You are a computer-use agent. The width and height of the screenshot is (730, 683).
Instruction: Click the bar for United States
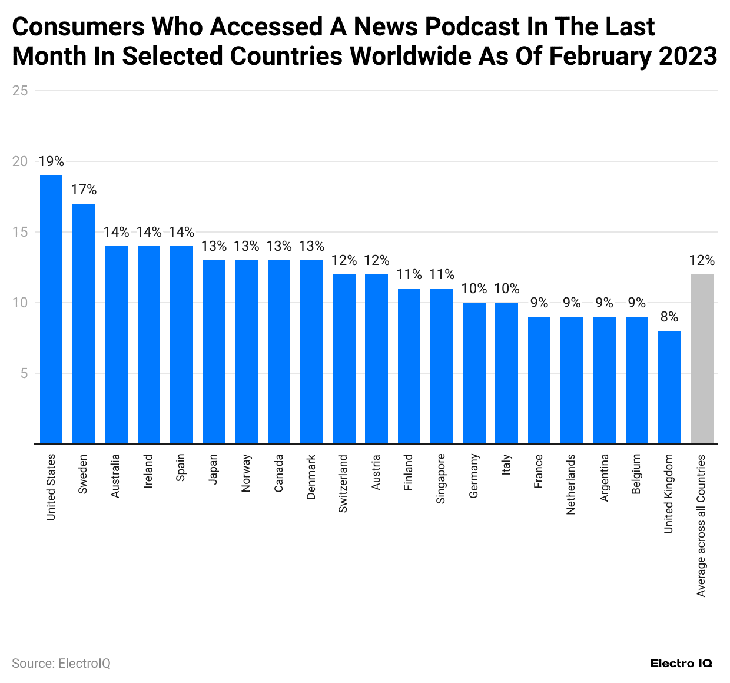click(51, 309)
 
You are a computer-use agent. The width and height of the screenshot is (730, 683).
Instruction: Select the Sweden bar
click(84, 323)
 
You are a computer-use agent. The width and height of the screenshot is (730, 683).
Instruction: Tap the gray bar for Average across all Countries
click(702, 359)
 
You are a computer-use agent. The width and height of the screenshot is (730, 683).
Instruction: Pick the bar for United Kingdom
click(669, 387)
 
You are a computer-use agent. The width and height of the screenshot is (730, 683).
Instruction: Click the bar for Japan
click(214, 352)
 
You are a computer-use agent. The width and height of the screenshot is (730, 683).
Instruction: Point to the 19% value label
click(51, 161)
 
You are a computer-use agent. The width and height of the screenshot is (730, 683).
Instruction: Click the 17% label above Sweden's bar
click(84, 190)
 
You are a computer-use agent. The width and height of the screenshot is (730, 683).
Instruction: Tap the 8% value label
click(669, 317)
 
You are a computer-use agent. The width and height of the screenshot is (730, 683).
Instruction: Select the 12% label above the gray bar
click(702, 260)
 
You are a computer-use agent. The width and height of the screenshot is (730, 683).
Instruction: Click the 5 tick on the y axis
click(24, 373)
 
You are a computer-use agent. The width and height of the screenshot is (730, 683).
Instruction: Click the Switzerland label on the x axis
click(343, 483)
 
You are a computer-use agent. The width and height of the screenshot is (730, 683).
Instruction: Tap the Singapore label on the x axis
click(441, 479)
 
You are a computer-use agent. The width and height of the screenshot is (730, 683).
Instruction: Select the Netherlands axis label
click(570, 484)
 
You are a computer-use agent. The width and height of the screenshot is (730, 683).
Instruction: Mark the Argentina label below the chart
click(604, 478)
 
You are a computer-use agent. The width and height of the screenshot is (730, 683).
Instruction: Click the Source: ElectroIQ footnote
click(61, 664)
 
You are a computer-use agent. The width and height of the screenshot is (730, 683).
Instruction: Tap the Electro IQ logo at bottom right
click(681, 664)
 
